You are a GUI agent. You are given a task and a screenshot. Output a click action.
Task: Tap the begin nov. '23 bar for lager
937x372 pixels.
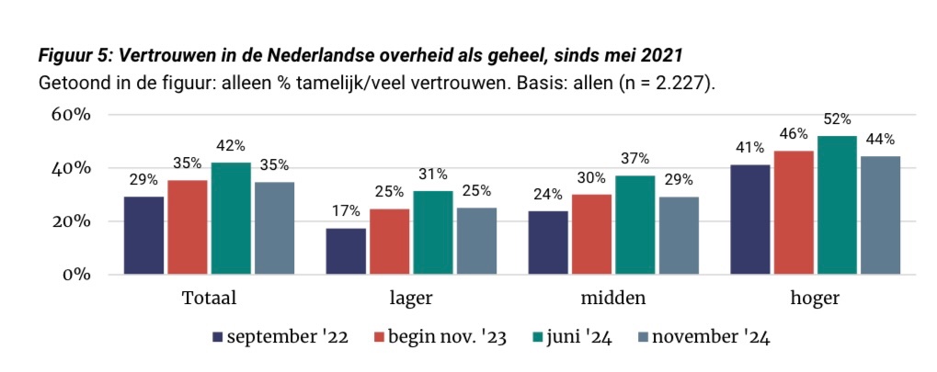coord(390,242)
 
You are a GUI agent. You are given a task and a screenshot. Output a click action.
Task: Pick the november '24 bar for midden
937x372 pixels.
coord(678,235)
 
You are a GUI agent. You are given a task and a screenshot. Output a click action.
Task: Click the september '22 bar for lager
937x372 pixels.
coord(346,251)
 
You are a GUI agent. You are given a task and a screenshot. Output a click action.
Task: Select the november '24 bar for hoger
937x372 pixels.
coord(880,215)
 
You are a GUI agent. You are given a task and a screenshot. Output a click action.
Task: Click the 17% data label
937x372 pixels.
coord(346,212)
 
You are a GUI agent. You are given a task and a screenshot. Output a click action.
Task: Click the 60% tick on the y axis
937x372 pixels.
coord(70,116)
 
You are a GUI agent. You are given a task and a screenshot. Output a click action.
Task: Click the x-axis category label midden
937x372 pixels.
coord(612,299)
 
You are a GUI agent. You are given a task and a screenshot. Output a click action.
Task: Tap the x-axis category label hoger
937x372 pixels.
coord(814,299)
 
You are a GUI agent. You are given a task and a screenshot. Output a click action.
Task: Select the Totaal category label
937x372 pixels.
coord(210,299)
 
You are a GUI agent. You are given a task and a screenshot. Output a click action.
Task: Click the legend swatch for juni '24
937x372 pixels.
coord(537,337)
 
